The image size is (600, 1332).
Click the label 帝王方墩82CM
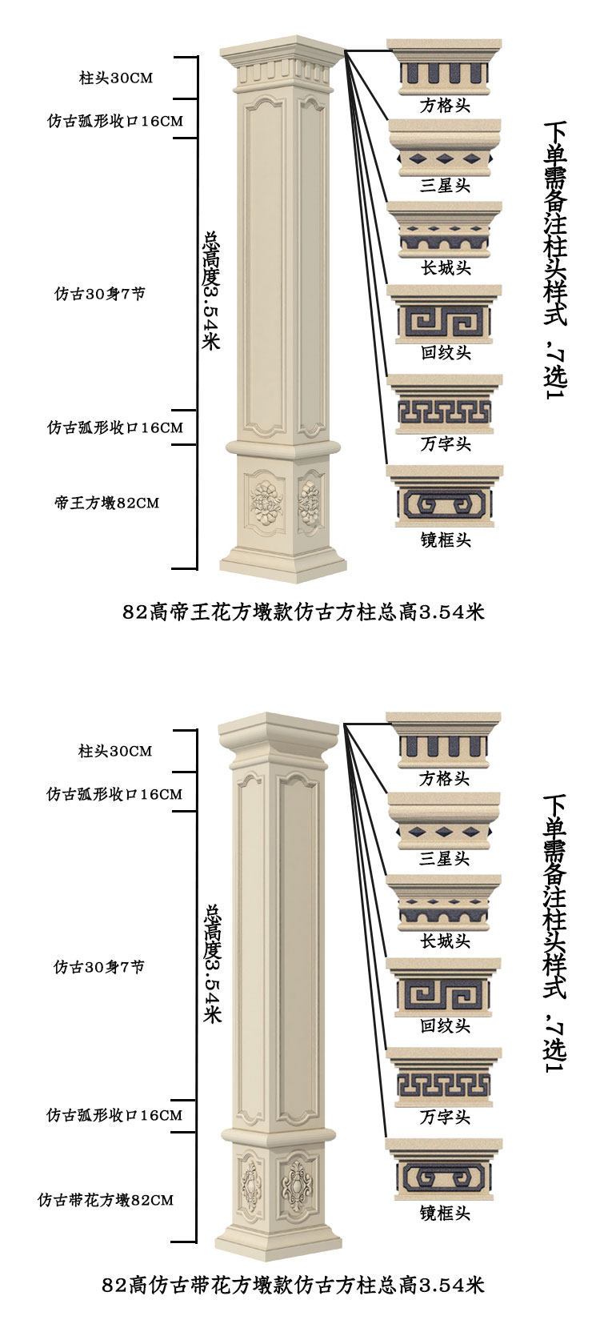coord(107,503)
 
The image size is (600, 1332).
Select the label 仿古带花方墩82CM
coord(106,1200)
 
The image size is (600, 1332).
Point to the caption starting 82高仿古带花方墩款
coord(293,1286)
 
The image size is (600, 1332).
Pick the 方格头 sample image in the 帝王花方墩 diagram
coord(445,67)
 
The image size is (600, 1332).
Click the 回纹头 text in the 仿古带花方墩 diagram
coord(445,1025)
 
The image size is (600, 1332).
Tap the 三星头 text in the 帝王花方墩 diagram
coord(445,186)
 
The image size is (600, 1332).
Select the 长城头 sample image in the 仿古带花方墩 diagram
coord(445,903)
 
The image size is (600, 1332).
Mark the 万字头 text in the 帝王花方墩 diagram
coord(445,443)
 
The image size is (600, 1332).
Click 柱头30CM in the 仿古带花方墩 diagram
coord(115,751)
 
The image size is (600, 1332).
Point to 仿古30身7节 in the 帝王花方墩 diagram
coord(100,294)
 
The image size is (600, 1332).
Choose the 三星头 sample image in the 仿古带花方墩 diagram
coord(445,819)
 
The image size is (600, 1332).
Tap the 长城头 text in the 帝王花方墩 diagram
coord(445,267)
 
